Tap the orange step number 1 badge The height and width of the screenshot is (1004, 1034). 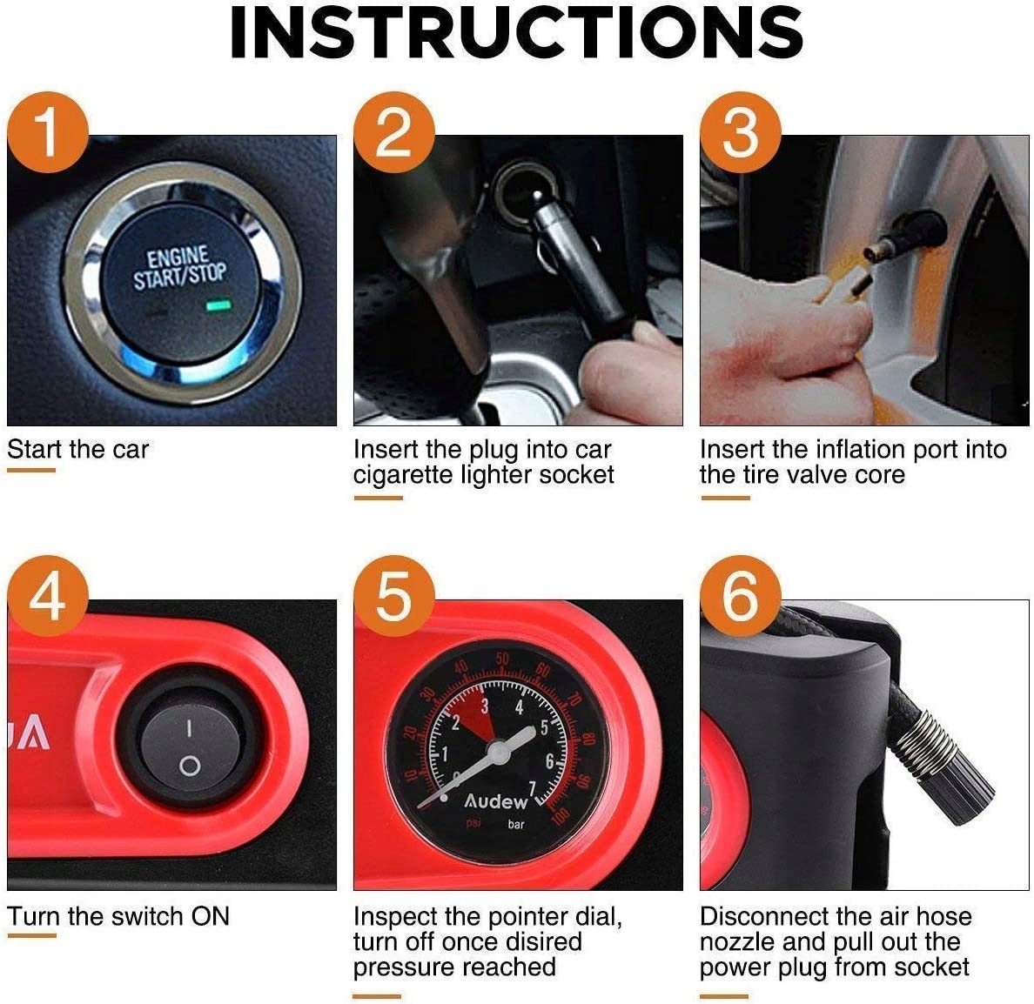click(x=48, y=132)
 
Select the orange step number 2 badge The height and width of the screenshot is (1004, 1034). click(x=394, y=132)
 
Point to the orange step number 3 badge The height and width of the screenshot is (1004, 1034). click(x=741, y=132)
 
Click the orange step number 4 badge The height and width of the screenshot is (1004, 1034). click(x=48, y=596)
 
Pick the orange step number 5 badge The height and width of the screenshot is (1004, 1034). click(x=394, y=596)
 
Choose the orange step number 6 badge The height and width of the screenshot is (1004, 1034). click(x=741, y=596)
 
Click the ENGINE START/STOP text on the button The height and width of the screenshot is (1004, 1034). click(x=179, y=268)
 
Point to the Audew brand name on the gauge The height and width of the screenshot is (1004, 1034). click(x=496, y=801)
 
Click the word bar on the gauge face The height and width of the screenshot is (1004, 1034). click(x=516, y=824)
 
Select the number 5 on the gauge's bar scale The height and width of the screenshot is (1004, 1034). click(x=545, y=728)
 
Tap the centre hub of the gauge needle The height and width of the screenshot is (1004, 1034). click(x=498, y=750)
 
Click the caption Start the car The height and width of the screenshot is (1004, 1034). click(x=77, y=450)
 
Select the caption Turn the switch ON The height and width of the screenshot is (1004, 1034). click(x=118, y=916)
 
